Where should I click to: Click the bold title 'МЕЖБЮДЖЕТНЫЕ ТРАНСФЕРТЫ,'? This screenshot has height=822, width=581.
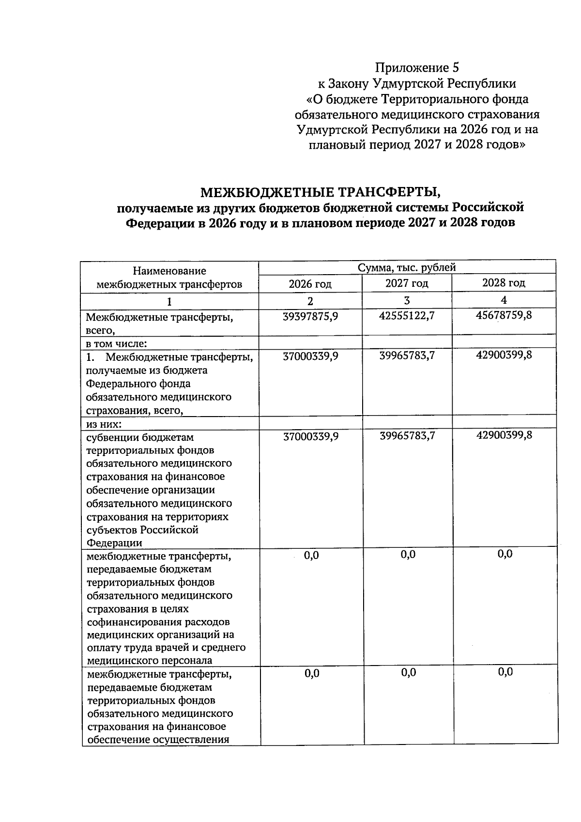[321, 192]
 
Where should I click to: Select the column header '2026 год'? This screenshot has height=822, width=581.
[310, 284]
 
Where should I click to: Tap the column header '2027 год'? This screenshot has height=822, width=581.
[407, 283]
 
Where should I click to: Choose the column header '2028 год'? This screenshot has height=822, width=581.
[504, 283]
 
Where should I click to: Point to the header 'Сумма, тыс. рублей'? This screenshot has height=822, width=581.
[407, 267]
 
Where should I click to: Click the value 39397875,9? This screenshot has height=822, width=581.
[310, 316]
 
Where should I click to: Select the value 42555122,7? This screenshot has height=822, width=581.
[407, 315]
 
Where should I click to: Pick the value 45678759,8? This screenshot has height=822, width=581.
[504, 315]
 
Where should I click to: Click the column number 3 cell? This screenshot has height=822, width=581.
[407, 300]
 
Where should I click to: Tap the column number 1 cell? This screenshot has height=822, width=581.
[169, 301]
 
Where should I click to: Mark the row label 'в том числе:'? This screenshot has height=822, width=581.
[116, 344]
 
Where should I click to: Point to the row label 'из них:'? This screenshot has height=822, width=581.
[104, 424]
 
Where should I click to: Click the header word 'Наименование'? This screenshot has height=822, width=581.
[169, 271]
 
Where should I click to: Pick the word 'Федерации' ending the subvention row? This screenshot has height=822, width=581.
[114, 543]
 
